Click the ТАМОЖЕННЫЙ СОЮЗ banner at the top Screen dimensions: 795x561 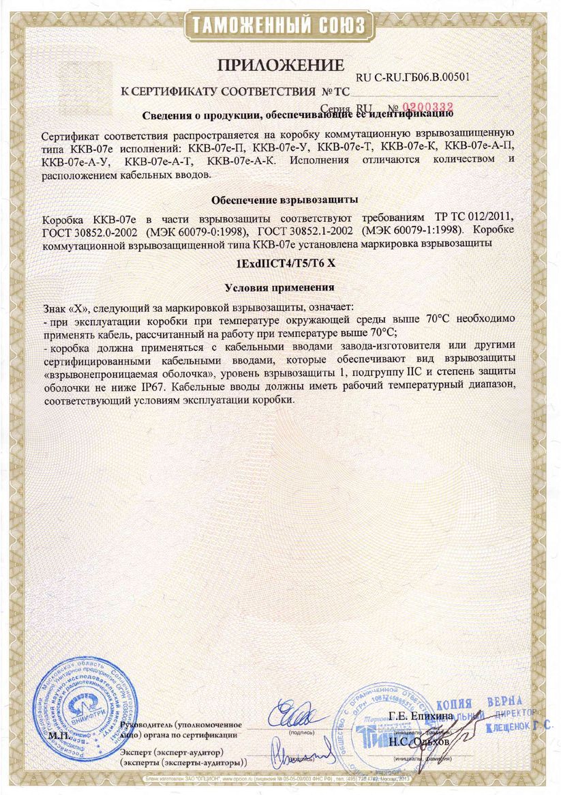(x=280, y=26)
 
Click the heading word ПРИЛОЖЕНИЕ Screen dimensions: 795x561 (x=280, y=66)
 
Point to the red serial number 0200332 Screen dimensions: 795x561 (x=428, y=107)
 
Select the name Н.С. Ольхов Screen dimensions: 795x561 (x=417, y=741)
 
